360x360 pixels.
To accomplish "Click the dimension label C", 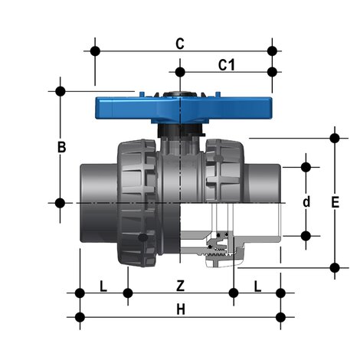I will (179, 44).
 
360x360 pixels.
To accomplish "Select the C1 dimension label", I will (226, 65).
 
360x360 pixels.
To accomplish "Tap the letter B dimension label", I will (62, 146).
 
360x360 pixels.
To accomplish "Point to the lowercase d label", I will (306, 202).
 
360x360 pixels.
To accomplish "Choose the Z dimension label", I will (180, 286).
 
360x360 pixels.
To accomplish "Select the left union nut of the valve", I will (136, 203).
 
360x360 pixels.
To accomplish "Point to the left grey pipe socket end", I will (96, 203).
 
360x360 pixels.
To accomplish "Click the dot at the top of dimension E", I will (334, 139).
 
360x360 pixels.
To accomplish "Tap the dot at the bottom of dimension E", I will (334, 267).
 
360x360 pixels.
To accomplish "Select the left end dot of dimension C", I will (95, 51).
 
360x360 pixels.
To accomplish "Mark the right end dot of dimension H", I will (281, 316).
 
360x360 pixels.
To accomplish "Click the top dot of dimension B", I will (61, 90).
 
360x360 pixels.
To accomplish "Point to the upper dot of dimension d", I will (306, 166).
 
